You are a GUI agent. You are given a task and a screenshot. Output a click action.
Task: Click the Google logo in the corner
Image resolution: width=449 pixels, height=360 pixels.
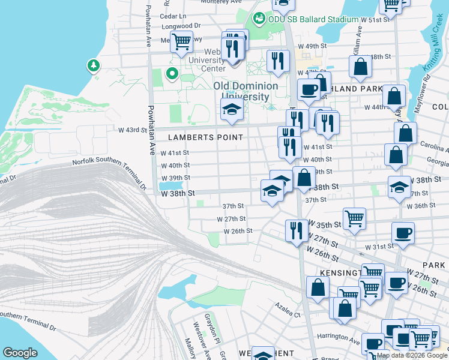[x=20, y=353]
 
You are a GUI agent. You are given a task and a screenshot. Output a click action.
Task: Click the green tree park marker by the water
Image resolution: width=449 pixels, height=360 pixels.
[x=93, y=64]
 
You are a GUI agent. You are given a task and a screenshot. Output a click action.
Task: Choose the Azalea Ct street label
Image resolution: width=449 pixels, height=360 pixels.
[x=288, y=313]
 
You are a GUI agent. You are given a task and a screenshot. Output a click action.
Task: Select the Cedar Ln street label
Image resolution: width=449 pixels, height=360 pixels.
[x=174, y=16]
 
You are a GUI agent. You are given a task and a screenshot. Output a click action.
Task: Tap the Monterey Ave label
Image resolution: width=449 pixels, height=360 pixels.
[x=203, y=2]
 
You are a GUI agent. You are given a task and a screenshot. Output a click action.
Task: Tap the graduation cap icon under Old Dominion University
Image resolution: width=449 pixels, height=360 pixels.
[x=231, y=109]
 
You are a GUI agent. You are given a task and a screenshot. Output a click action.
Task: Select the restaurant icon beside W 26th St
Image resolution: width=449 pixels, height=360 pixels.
[x=296, y=230]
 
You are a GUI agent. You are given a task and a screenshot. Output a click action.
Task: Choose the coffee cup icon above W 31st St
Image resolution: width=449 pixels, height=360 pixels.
[x=403, y=233]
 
